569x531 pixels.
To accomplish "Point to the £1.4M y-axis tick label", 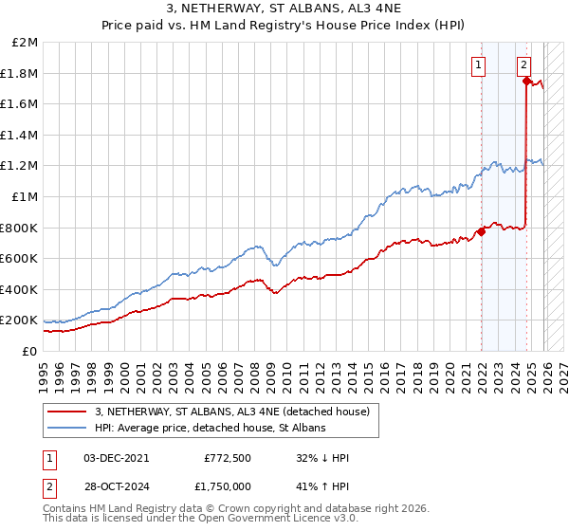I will (x=21, y=135).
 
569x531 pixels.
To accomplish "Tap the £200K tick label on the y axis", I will (x=19, y=320).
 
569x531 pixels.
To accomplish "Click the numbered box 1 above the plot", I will (x=479, y=65).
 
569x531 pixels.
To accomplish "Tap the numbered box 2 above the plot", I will (x=523, y=65).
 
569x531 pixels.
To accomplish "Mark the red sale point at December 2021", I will (x=482, y=230).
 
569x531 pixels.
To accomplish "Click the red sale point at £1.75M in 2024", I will (x=526, y=81).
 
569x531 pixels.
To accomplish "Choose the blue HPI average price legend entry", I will (x=210, y=429).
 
